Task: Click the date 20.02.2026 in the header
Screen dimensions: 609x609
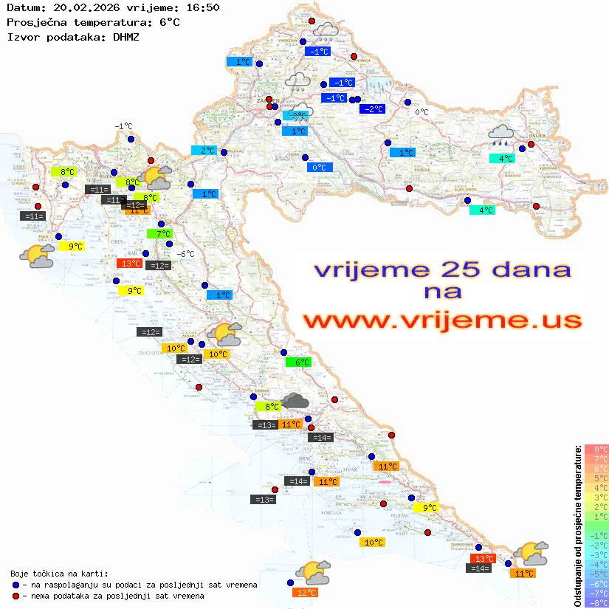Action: click(84, 7)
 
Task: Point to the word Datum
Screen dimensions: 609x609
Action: click(22, 7)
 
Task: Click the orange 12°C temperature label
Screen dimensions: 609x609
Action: click(306, 592)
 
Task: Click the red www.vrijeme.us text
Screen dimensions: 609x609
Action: click(441, 321)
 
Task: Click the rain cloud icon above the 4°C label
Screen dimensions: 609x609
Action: click(502, 134)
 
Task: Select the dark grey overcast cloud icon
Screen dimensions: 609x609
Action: click(295, 401)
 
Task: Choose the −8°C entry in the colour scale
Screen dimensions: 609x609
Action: click(596, 602)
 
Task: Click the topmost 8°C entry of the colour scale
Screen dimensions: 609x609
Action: click(596, 449)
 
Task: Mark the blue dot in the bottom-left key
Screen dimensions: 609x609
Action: click(16, 585)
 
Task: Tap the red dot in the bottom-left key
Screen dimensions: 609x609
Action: click(16, 596)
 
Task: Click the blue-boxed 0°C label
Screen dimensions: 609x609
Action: click(319, 168)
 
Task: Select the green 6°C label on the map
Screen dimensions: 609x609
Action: click(298, 362)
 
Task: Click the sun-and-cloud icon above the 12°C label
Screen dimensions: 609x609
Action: click(313, 572)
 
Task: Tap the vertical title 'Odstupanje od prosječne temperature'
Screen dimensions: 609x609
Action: click(578, 526)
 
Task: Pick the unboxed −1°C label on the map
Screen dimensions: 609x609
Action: click(123, 126)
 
